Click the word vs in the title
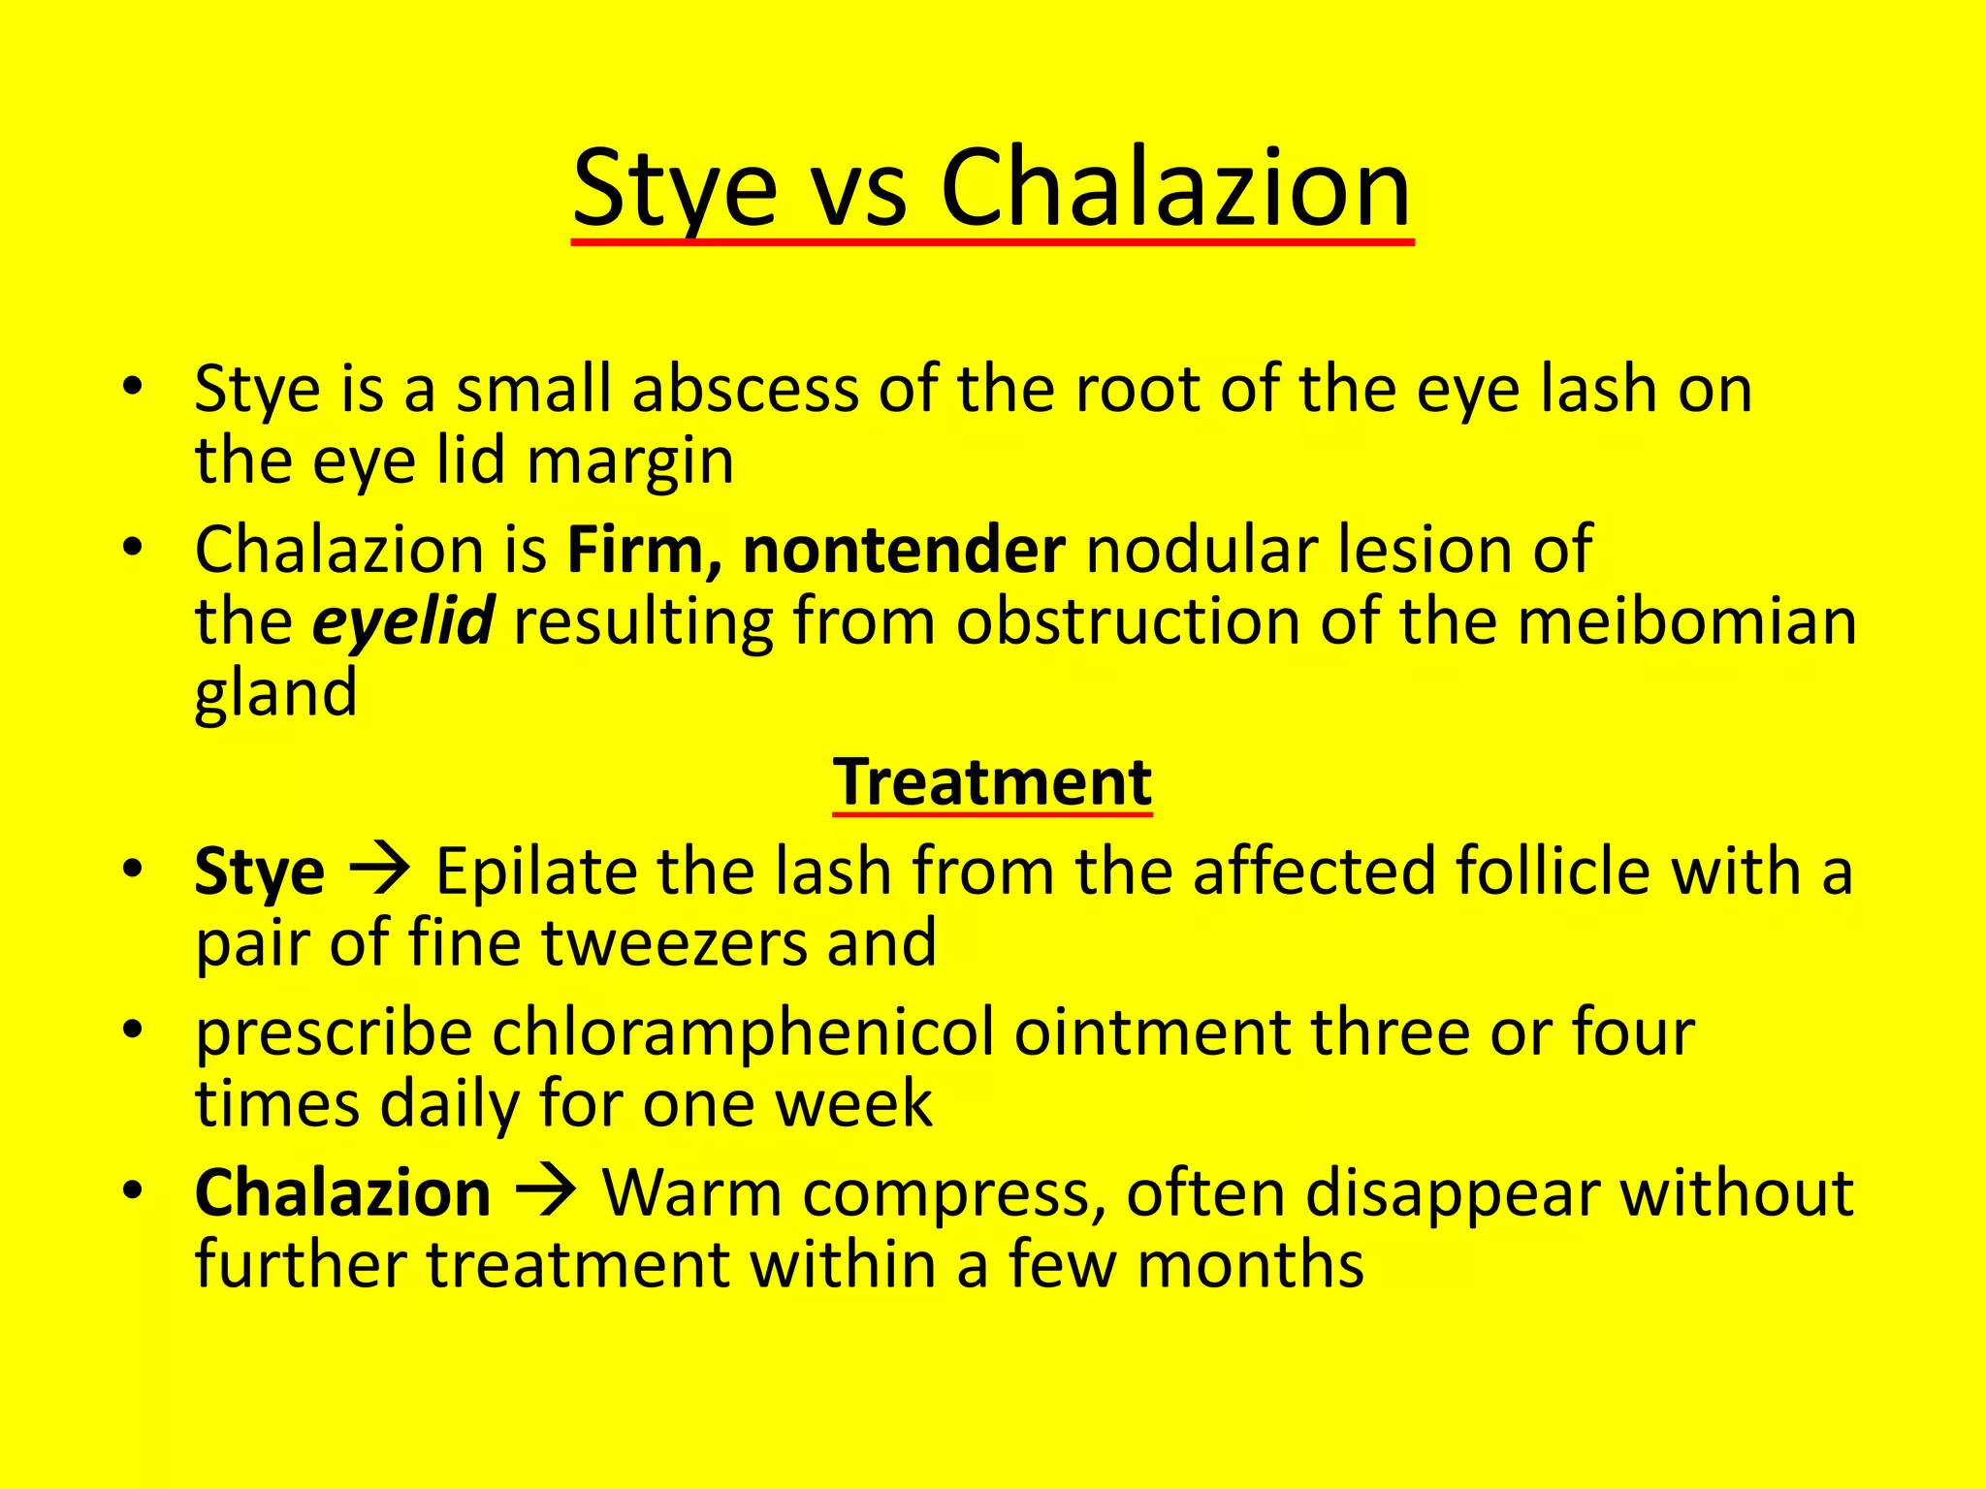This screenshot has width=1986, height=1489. point(858,190)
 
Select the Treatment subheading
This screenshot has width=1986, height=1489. point(992,781)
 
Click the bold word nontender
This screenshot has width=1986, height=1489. point(904,551)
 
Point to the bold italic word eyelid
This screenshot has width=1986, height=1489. point(403,621)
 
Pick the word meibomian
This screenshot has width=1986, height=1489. point(1687,621)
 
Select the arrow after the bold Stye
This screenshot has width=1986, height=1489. point(380,870)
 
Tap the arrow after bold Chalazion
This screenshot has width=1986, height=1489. point(546,1191)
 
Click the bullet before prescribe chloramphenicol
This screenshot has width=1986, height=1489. point(134,1028)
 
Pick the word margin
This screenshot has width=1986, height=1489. point(630,462)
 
